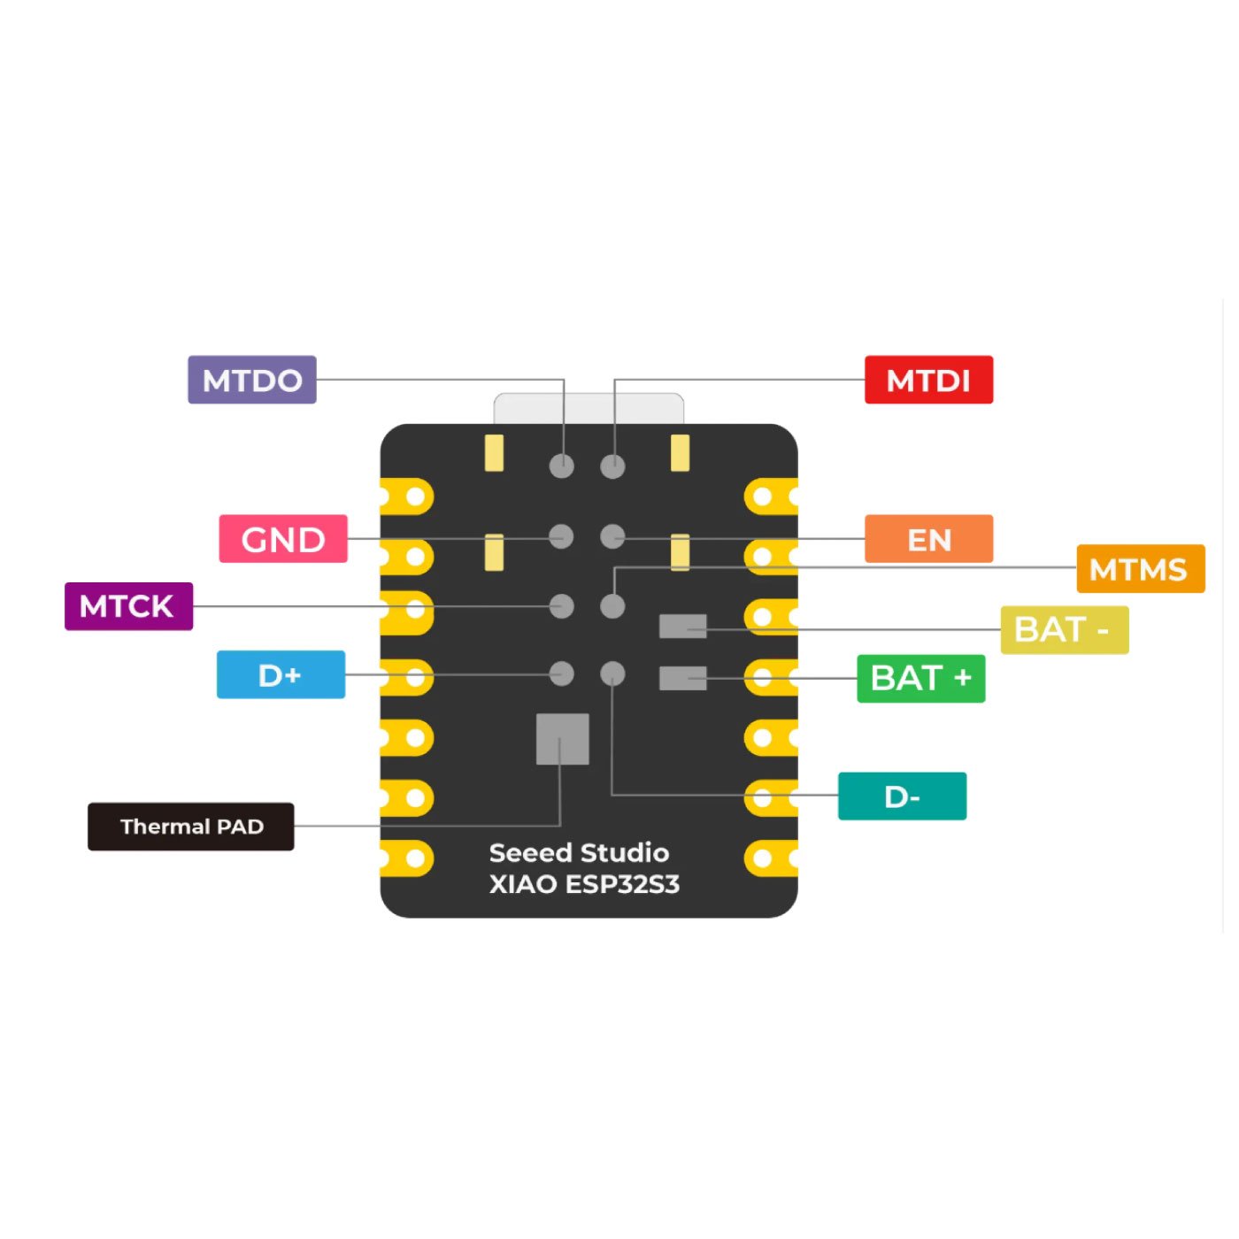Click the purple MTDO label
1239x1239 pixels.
[252, 381]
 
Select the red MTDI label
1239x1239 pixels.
[928, 381]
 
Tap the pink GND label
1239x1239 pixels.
[283, 539]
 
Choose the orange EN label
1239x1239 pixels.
[928, 539]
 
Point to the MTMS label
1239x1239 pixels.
[1140, 569]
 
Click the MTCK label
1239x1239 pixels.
[128, 606]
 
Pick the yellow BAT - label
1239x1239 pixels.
[1064, 630]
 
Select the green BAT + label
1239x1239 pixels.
[920, 679]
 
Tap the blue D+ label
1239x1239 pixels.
[281, 675]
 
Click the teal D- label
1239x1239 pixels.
[902, 796]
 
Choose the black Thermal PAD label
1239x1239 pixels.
[191, 827]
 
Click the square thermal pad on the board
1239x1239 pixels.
[563, 739]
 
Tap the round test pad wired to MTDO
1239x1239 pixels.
[562, 466]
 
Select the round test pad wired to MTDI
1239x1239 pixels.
[612, 466]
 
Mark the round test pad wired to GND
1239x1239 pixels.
[561, 536]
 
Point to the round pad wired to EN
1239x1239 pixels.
[612, 536]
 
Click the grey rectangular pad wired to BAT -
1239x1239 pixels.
[682, 627]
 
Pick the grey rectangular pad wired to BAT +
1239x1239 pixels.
[682, 679]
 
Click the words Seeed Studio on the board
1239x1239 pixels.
[579, 853]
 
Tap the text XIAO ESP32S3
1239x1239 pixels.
[584, 884]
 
